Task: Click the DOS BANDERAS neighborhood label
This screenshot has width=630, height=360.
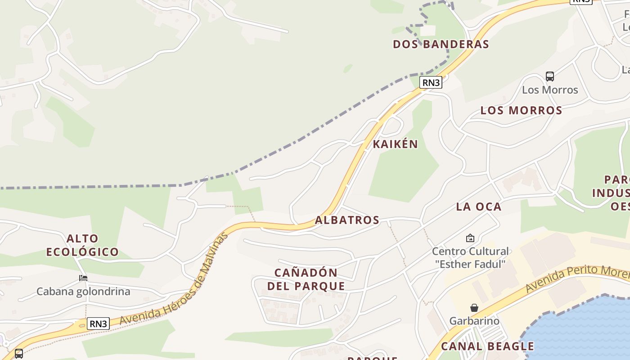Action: (x=441, y=44)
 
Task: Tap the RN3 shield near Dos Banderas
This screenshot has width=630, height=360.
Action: (x=431, y=82)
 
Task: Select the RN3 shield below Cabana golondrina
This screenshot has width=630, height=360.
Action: (x=98, y=324)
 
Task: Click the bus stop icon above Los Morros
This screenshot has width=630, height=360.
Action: (x=549, y=76)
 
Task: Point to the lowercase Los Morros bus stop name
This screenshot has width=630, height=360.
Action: (x=549, y=90)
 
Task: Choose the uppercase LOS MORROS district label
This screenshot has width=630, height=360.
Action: (x=521, y=110)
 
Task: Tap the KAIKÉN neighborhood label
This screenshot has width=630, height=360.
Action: (x=395, y=144)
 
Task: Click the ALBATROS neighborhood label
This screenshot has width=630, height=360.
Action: (x=347, y=220)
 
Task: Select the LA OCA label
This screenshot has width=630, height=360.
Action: (x=478, y=207)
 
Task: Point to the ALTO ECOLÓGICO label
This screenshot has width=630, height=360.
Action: (x=82, y=245)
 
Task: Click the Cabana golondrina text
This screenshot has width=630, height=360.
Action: (x=83, y=291)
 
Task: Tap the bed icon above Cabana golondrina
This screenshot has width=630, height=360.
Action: (x=83, y=278)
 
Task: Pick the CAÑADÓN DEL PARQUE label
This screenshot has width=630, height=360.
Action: (x=306, y=279)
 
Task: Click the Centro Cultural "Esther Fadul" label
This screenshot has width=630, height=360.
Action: (x=470, y=257)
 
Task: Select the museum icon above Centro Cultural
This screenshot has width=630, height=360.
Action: (x=470, y=238)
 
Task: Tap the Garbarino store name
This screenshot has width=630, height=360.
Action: (x=474, y=321)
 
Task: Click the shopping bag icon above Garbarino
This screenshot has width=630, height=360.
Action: (x=474, y=308)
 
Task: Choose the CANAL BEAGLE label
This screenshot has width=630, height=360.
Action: (x=487, y=346)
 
